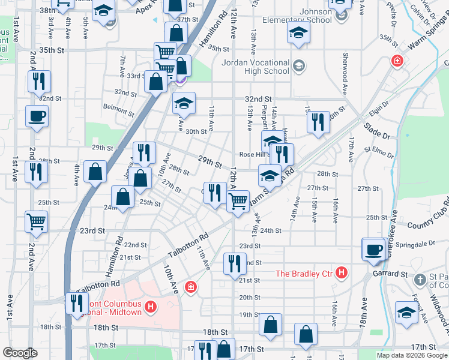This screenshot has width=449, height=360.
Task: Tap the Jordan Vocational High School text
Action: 255,67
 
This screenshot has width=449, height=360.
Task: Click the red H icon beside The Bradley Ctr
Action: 342,274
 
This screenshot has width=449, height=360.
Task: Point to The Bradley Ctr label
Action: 304,274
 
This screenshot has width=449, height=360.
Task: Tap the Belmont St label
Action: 118,109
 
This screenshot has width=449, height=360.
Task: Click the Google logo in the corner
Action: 20,353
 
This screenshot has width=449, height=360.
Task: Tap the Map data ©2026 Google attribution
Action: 411,355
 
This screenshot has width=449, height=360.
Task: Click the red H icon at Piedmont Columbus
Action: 151,308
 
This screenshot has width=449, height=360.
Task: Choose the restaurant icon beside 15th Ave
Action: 318,122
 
